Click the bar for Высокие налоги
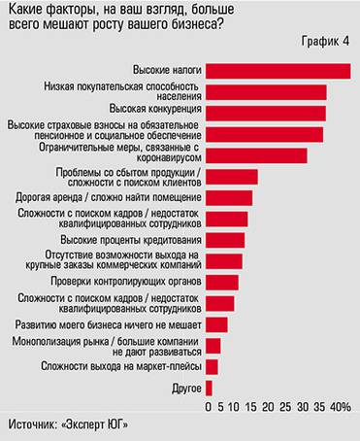pos(278,71)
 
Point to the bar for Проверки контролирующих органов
pos(222,282)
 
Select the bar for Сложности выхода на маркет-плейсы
pos(212,366)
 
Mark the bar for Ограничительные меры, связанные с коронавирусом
pos(256,154)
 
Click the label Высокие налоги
pos(166,71)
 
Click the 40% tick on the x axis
pos(341,407)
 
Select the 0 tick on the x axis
pos(209,407)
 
